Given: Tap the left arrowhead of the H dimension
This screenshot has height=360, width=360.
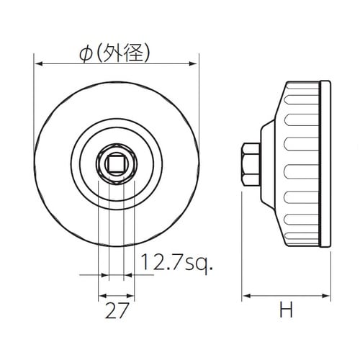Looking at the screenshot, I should pos(244,295).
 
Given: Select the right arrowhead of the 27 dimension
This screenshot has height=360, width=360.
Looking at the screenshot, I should pos(130,295).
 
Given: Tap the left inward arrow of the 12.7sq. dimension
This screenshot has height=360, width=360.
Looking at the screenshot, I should pos(102,274).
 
